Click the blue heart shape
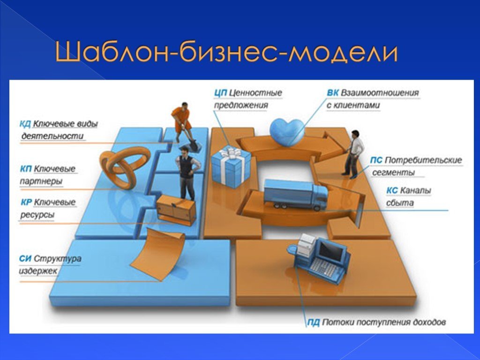point(287,130)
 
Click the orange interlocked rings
point(123,165)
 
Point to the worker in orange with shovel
point(182,121)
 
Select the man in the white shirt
point(354,152)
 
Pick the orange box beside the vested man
point(176,210)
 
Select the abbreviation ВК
point(332,93)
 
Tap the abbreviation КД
point(25,124)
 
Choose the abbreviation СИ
point(25,258)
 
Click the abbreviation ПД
point(313,322)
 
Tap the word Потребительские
point(423,160)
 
